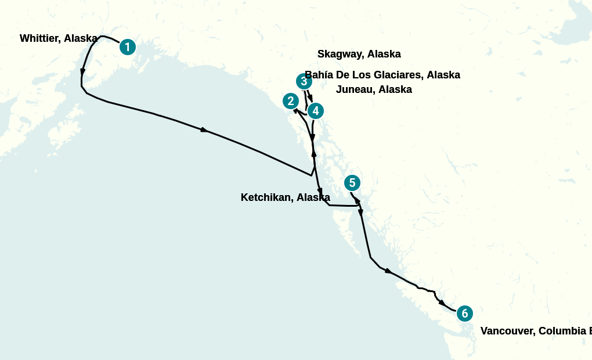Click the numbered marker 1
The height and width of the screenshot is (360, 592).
coord(128,47)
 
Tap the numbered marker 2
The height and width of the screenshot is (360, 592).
coord(291,101)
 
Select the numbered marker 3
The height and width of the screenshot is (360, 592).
coord(304,81)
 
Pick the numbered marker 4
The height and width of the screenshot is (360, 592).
coord(315,110)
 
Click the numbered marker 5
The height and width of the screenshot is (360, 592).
coord(352,183)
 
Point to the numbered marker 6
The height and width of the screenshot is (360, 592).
coord(464,314)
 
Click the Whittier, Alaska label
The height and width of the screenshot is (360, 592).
coord(58,38)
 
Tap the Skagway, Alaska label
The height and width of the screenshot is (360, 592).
coord(359,54)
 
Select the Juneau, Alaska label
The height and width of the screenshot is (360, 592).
coord(374,89)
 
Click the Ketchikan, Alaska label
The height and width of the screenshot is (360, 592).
coord(285,197)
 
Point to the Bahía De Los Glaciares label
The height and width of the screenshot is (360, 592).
coord(382,75)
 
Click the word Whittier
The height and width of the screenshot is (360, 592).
coord(40,38)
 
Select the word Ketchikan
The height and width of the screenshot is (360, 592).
coord(266,197)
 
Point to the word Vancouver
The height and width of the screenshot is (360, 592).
coord(507,331)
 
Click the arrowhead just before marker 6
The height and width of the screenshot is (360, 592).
coord(442,303)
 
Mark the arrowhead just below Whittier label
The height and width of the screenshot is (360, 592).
coord(83,72)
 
